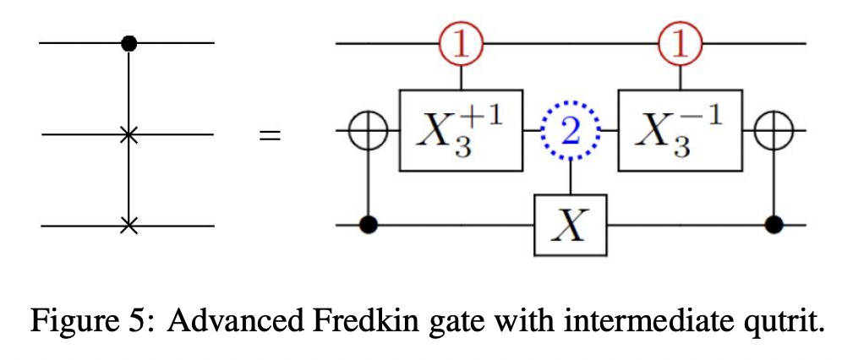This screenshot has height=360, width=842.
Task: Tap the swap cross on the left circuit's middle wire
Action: pos(128,134)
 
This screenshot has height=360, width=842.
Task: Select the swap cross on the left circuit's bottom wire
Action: pos(128,226)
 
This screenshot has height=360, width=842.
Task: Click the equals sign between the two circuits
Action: pos(270,134)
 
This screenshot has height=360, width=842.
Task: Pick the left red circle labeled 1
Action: pos(461,44)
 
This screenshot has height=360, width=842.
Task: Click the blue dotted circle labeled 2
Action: pos(571,133)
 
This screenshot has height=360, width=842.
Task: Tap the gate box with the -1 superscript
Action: pos(681,134)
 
